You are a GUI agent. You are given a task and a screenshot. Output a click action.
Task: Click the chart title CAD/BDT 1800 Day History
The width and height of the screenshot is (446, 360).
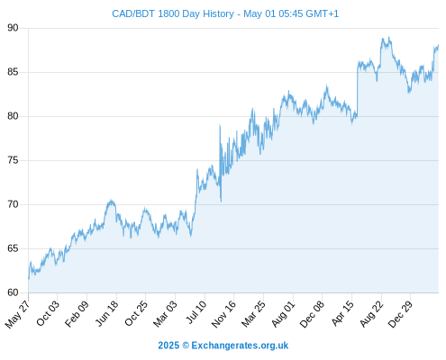point(173,13)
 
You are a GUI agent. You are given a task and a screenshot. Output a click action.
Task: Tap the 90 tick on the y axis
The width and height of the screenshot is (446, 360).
point(13,28)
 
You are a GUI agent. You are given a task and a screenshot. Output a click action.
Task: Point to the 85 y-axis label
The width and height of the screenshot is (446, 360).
point(13,72)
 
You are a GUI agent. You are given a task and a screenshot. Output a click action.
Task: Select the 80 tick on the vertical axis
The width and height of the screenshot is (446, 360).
point(13,116)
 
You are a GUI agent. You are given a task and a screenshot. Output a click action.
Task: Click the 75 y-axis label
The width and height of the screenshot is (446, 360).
point(13,160)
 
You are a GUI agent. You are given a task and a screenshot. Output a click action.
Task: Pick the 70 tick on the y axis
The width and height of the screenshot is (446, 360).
point(13,204)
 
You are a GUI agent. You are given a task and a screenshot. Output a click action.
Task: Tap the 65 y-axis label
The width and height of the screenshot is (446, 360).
point(13,248)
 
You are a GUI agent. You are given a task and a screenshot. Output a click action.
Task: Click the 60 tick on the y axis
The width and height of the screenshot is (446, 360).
point(13,292)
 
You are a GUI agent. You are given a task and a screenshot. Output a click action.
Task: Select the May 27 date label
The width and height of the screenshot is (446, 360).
point(18,314)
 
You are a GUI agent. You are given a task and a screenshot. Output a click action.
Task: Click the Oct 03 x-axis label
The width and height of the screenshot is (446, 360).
point(48,313)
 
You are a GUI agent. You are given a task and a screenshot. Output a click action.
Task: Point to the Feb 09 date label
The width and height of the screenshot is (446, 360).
point(77,314)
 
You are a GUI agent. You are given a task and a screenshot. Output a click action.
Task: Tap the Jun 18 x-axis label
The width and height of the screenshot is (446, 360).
point(107,313)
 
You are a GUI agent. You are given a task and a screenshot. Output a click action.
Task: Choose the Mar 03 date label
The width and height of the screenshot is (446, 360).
point(166,314)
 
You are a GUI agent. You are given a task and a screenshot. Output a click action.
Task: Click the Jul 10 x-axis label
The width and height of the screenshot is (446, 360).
point(196,312)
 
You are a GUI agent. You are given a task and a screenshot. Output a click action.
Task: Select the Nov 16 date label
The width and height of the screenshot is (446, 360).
point(223,314)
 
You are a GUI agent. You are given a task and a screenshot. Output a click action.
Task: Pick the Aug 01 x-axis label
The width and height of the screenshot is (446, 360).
point(284,314)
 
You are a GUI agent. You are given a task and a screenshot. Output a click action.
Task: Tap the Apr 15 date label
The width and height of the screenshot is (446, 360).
point(343,313)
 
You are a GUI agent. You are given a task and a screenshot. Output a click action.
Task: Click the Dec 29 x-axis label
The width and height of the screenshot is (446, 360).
point(400,314)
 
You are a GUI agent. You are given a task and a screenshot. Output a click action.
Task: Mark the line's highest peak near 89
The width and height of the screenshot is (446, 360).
point(389,37)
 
